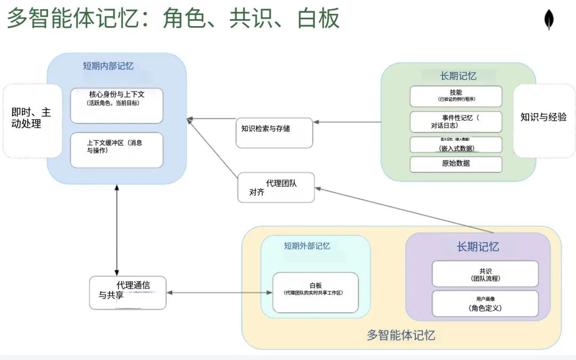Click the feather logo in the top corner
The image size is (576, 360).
(x=548, y=20)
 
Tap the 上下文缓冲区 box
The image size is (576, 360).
(x=116, y=150)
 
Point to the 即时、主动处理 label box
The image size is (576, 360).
(x=32, y=121)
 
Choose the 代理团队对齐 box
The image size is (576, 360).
(x=276, y=187)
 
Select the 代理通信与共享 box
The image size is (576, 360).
(x=127, y=292)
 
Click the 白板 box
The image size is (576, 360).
(x=315, y=292)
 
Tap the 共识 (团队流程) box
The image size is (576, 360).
(x=485, y=274)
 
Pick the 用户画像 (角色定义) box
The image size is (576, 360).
(x=485, y=303)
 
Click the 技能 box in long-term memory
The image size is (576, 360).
(x=455, y=96)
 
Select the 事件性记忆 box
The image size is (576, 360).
(x=455, y=122)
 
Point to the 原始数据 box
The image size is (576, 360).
(x=455, y=164)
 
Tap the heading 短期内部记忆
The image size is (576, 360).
(x=108, y=66)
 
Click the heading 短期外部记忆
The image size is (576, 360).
(x=307, y=246)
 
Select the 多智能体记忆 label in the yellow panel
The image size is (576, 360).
(x=401, y=335)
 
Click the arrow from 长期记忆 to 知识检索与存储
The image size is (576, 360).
(x=347, y=122)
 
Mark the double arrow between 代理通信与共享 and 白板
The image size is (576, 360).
(x=219, y=292)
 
